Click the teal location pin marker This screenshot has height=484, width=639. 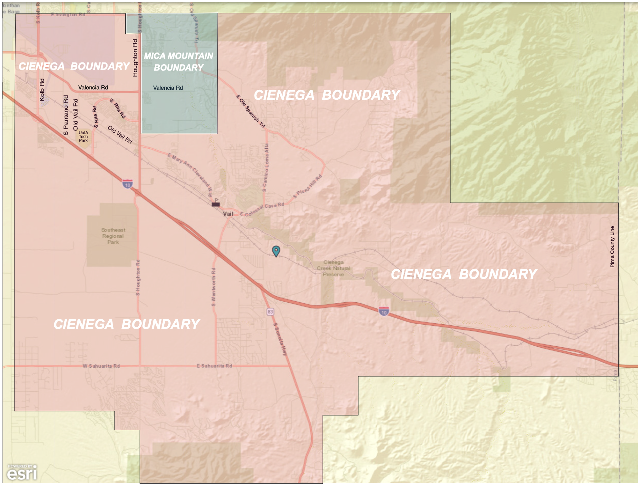[x=276, y=251]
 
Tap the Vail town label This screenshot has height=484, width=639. [x=228, y=214]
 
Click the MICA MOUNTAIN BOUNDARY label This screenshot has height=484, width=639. [x=179, y=61]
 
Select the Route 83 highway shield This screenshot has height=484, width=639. [x=271, y=312]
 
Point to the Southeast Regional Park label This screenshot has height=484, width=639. [x=113, y=236]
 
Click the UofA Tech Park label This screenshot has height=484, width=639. [x=83, y=137]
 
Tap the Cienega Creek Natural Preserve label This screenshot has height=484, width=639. [x=333, y=268]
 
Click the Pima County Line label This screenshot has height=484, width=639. [x=612, y=247]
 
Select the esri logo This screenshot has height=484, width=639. [x=22, y=473]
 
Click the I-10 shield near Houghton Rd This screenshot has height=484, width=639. [x=127, y=184]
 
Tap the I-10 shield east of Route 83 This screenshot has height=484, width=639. [x=384, y=312]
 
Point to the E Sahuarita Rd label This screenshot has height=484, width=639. [x=214, y=366]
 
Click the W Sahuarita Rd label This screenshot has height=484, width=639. [x=101, y=366]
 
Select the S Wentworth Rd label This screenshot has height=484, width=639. [x=213, y=287]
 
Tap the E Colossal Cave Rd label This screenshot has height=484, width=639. [x=262, y=209]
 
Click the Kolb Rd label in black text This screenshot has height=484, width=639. [x=42, y=90]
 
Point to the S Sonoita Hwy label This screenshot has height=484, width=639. [x=280, y=339]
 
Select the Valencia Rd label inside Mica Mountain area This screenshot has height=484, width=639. [x=168, y=88]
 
